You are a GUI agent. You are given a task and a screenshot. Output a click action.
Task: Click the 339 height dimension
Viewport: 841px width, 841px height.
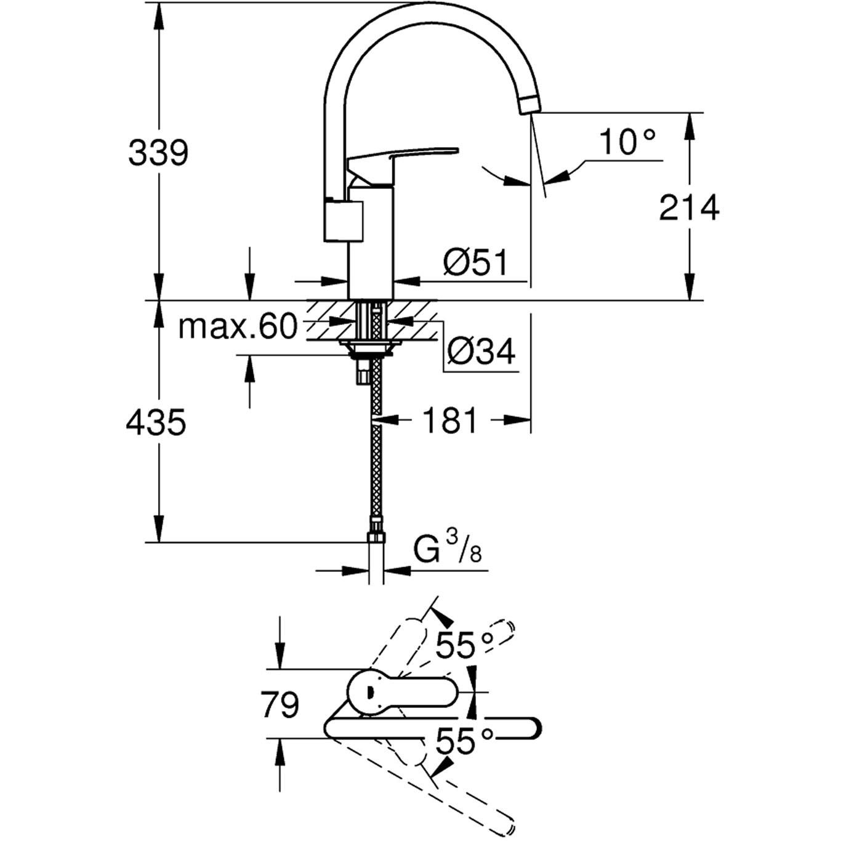(x=158, y=153)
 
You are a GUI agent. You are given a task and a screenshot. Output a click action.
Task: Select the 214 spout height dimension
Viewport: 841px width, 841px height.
(x=689, y=207)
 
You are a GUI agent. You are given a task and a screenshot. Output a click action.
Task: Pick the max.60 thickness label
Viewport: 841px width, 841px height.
(x=238, y=327)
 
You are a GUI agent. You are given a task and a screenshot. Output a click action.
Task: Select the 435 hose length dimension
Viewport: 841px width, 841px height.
(x=156, y=423)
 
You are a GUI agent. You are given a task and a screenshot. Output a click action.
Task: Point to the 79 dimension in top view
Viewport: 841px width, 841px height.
(x=280, y=704)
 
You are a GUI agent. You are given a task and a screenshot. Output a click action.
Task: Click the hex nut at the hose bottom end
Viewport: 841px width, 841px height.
(x=376, y=537)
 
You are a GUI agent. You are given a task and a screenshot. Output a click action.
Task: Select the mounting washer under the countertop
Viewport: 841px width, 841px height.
(x=368, y=350)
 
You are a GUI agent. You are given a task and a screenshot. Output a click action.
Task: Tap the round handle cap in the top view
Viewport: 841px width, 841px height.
(x=369, y=693)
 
